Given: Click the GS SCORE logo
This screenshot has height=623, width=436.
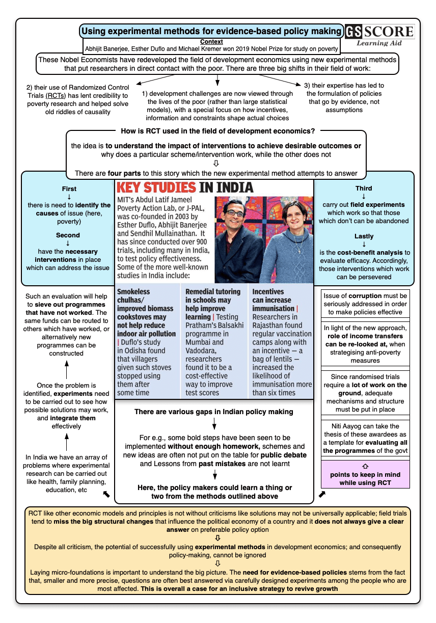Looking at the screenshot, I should pyautogui.click(x=379, y=35).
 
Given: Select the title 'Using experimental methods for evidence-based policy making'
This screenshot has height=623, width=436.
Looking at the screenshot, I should pyautogui.click(x=211, y=31).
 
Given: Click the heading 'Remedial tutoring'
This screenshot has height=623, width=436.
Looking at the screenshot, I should pyautogui.click(x=212, y=291).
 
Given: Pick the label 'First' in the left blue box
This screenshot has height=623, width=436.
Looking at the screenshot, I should pyautogui.click(x=69, y=188).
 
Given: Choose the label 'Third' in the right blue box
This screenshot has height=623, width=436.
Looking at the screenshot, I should pyautogui.click(x=364, y=188).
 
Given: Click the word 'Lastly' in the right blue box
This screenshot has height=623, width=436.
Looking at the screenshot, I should pyautogui.click(x=364, y=236).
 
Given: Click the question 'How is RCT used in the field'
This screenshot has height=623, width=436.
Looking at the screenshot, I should pyautogui.click(x=217, y=131).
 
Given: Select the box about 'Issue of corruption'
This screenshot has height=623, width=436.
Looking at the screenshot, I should pyautogui.click(x=365, y=304).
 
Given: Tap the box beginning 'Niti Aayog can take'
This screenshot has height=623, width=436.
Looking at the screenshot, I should pyautogui.click(x=365, y=438).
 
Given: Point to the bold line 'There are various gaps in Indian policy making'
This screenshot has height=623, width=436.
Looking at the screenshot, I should pyautogui.click(x=214, y=411).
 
